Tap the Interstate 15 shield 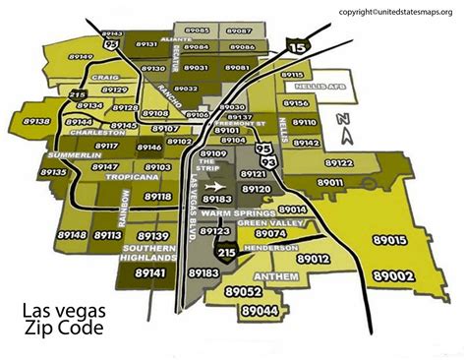(294, 43)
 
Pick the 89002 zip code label (421, 278)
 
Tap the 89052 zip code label (242, 292)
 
